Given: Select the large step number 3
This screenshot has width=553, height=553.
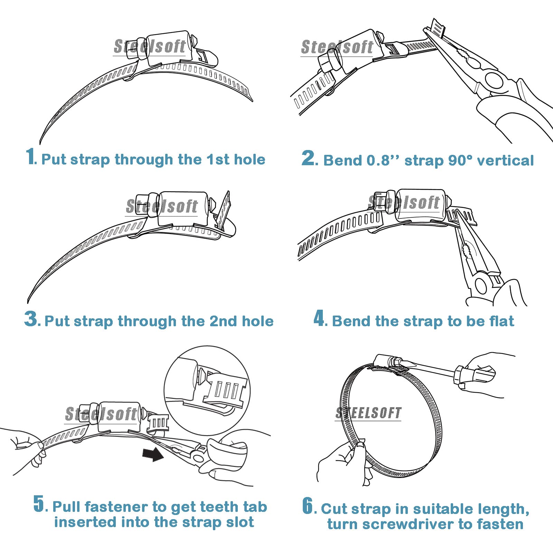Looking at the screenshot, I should click(32, 318).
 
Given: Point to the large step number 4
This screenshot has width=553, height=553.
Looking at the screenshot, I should click(319, 318).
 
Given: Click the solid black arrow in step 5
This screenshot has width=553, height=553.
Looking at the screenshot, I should click(153, 454).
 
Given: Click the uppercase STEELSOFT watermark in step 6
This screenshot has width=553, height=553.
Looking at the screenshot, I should click(368, 413).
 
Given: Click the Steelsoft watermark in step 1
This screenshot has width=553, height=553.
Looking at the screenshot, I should click(150, 47).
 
